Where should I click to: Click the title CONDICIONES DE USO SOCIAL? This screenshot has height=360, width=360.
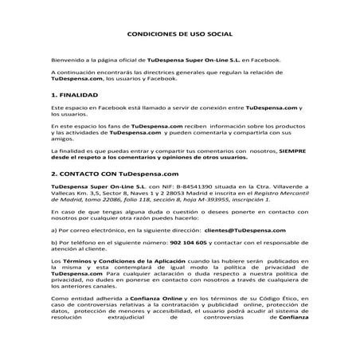pyautogui.click(x=179, y=34)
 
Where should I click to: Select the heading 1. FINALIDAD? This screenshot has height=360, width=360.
pyautogui.click(x=75, y=94)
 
